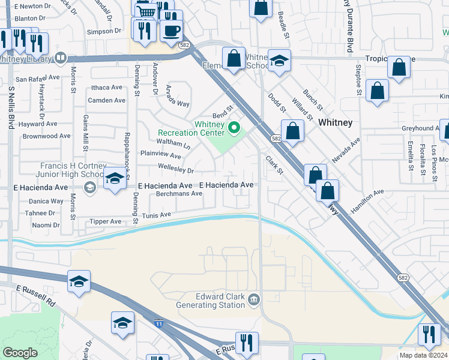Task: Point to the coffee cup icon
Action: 171,31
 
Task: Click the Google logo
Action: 20,353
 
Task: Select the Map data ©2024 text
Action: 423,355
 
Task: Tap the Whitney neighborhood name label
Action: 335,122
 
